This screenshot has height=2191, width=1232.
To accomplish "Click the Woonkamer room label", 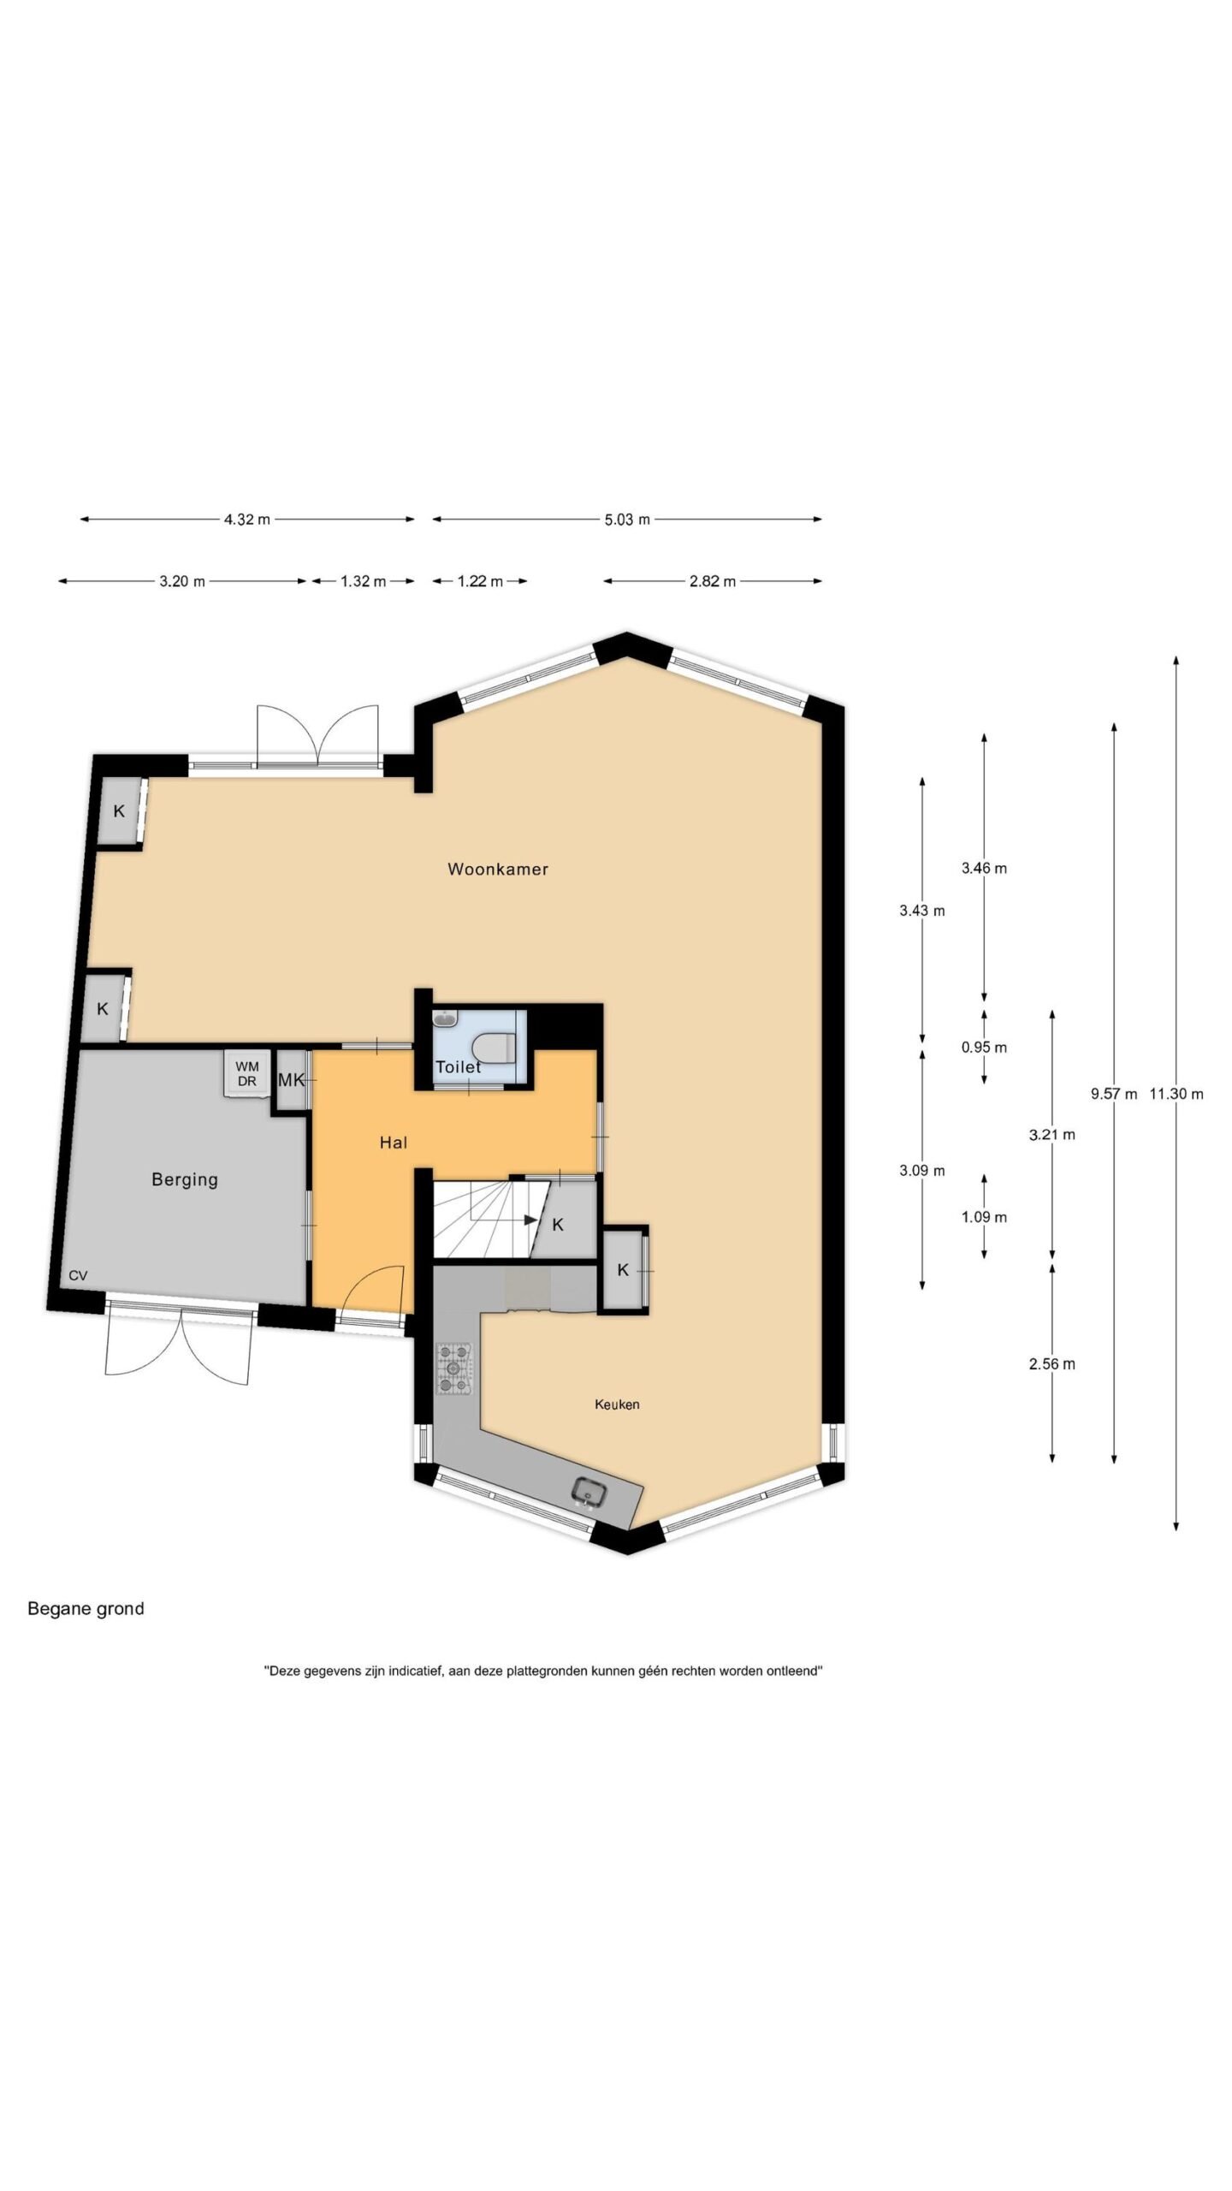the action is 498,869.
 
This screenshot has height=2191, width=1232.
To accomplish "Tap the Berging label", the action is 185,1179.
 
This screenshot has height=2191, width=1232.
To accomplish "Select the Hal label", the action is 394,1143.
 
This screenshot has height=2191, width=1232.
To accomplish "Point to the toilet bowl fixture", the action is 494,1045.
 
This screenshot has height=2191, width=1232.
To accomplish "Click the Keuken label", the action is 617,1404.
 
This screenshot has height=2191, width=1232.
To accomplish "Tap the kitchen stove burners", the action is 453,1368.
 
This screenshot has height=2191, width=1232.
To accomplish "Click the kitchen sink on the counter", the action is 589,1492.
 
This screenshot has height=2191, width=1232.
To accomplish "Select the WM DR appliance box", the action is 247,1073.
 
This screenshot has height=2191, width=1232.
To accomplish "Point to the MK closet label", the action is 291,1080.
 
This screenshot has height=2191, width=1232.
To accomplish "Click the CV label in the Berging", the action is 78,1275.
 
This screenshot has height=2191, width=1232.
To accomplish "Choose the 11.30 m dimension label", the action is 1176,1093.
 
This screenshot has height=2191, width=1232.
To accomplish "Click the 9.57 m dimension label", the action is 1114,1093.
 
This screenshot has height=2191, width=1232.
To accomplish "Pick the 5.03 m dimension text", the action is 627,520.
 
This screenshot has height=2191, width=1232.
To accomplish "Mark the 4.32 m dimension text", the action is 247,520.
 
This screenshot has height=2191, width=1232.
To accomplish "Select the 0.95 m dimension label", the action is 984,1047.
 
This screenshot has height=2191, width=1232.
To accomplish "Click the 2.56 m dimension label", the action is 1052,1364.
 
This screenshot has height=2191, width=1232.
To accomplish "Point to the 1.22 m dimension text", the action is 480,581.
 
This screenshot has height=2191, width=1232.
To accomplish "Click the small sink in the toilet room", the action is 446,1018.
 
